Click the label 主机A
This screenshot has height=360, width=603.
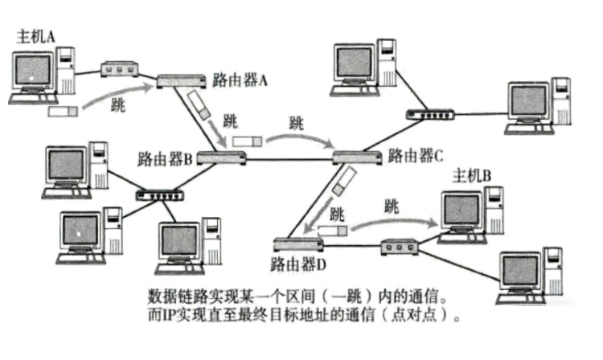[x=35, y=35]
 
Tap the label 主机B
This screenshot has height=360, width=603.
[x=472, y=176]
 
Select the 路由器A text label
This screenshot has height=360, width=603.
[x=240, y=79]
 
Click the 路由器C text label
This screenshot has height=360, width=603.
[x=415, y=155]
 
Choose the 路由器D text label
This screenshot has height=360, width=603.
[x=300, y=263]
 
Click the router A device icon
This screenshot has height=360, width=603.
[x=182, y=80]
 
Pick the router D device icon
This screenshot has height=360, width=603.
[x=297, y=244]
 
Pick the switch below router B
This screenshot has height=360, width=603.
[x=160, y=194]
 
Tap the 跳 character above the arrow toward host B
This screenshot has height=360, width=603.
[x=392, y=206]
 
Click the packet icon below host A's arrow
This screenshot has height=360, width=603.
[x=62, y=110]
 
